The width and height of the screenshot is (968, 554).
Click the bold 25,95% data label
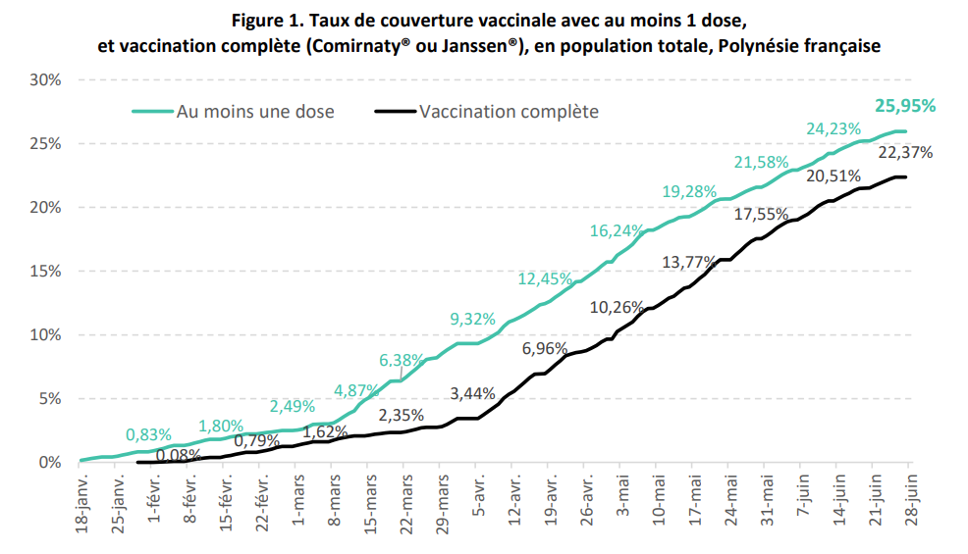(x=904, y=106)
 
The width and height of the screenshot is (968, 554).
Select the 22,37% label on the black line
(x=905, y=152)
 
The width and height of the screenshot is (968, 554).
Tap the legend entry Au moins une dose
(x=255, y=111)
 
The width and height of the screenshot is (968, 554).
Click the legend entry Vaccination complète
(x=509, y=111)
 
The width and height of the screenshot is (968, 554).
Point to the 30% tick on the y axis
(x=44, y=79)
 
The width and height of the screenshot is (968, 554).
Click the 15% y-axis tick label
(x=44, y=271)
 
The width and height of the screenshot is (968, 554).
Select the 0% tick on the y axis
(x=48, y=463)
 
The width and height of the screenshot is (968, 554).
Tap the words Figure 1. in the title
(x=271, y=21)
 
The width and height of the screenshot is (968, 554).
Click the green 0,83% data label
(x=149, y=434)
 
